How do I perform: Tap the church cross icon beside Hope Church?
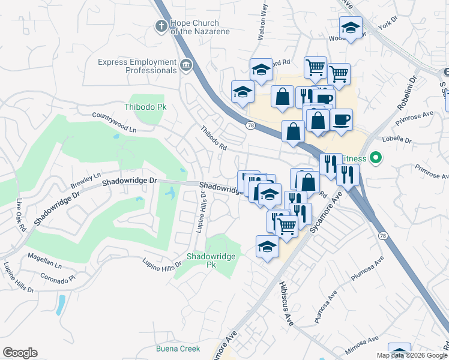[x=160, y=26]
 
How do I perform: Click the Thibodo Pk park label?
[x=145, y=107]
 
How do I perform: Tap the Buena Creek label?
[x=178, y=349]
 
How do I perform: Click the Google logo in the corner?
[x=20, y=353]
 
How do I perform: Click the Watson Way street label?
[x=262, y=24]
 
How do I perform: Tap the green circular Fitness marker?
[x=376, y=158]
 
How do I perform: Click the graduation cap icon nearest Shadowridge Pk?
[x=267, y=246]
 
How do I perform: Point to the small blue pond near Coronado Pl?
[x=60, y=305]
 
